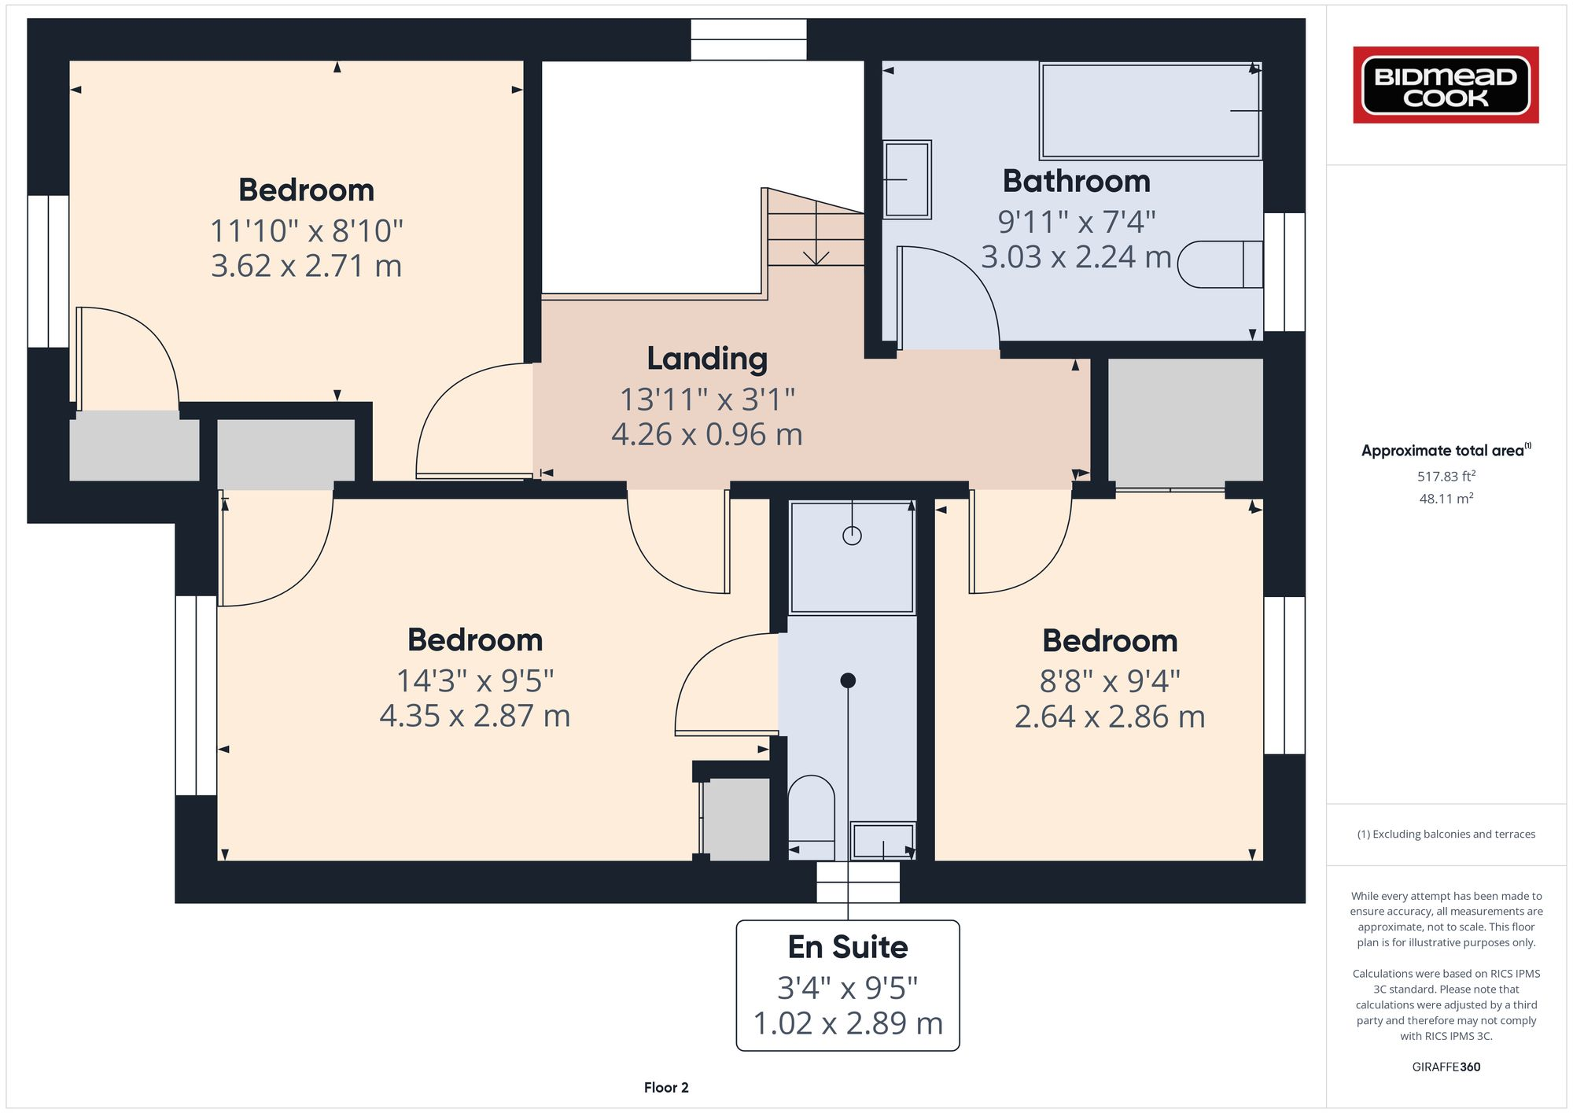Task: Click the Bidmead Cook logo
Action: (1446, 85)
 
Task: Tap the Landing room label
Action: (707, 359)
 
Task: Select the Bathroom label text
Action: (1076, 182)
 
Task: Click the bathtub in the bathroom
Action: (1151, 111)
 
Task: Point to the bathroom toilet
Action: (1219, 264)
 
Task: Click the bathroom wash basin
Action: (907, 179)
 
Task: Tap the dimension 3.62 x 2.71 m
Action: (306, 266)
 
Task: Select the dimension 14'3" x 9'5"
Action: (475, 680)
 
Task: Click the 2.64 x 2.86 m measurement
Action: (1110, 717)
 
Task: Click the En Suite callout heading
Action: (847, 947)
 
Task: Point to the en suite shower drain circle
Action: (852, 536)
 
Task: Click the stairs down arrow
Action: (816, 253)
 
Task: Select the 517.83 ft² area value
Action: (1446, 476)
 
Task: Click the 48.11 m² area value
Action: (1446, 499)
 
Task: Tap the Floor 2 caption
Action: (666, 1088)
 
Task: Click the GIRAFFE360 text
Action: (1446, 1067)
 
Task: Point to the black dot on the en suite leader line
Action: (848, 680)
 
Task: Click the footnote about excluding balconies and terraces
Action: (1446, 835)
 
